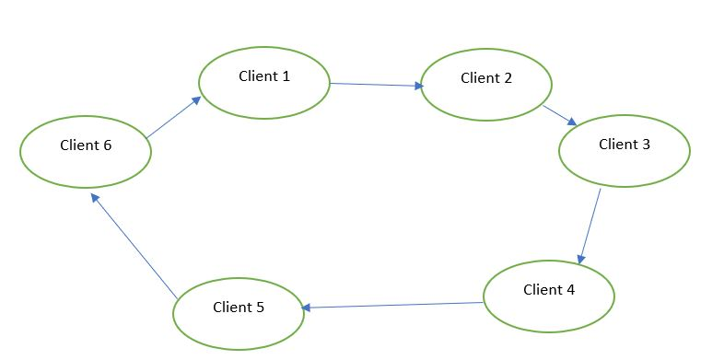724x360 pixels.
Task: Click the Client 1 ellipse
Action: coord(264,83)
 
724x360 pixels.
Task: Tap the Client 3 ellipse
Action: coord(625,150)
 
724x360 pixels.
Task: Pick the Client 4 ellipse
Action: coord(549,296)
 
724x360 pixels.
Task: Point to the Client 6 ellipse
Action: coord(86,151)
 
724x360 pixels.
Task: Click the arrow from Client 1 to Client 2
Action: coord(376,85)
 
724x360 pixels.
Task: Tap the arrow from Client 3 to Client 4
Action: coord(590,226)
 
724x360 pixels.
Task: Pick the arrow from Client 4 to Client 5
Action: coord(393,305)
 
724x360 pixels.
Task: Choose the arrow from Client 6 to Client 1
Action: coord(173,118)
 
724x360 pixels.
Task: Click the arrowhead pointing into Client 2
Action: coord(418,86)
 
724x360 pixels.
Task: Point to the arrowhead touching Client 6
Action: coord(94,199)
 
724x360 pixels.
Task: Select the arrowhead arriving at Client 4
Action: coord(580,260)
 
